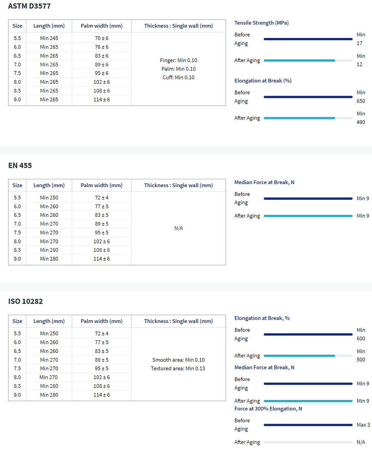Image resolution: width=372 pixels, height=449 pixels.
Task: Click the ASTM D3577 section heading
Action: [x=29, y=6]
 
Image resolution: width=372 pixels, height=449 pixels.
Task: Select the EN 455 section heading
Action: [x=20, y=166]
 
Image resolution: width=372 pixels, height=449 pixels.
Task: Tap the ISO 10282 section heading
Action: [x=25, y=301]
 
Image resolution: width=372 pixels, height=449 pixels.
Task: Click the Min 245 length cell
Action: [x=49, y=38]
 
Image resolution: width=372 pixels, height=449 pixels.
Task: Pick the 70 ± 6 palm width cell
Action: [x=102, y=38]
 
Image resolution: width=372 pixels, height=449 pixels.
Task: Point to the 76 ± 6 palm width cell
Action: [x=102, y=47]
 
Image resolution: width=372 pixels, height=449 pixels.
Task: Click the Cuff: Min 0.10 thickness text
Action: [x=179, y=77]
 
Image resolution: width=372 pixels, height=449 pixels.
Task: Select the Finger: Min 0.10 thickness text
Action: [x=179, y=60]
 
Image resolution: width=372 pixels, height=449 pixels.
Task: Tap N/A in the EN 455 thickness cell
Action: [x=179, y=228]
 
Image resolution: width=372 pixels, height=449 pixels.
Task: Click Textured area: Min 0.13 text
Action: [x=178, y=369]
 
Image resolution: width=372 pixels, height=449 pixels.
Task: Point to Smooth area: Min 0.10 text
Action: [x=179, y=360]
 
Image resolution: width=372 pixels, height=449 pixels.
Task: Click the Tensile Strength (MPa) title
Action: [x=262, y=23]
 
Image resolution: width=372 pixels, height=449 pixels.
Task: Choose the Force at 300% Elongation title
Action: [x=268, y=409]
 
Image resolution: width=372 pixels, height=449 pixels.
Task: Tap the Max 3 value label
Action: [x=363, y=425]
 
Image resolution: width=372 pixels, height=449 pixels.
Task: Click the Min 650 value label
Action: [x=361, y=97]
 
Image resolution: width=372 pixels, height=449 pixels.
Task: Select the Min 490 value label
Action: [x=361, y=118]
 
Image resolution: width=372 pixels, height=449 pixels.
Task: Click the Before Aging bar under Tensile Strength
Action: [x=308, y=39]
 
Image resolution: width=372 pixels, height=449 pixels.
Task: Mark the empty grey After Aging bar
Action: [x=308, y=442]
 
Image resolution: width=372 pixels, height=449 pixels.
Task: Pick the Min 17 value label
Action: [x=360, y=39]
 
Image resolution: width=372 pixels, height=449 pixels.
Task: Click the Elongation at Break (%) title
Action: [x=263, y=81]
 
